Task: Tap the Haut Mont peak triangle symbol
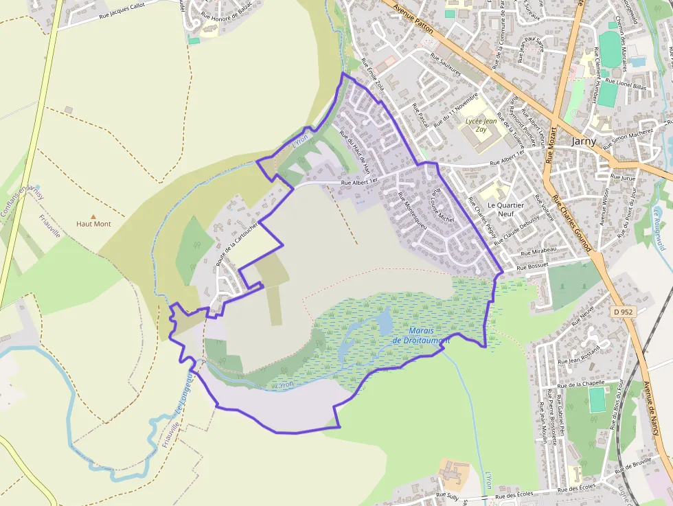click(x=94, y=216)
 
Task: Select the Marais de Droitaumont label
click(x=421, y=335)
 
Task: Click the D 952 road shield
click(x=622, y=312)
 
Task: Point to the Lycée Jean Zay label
click(x=481, y=124)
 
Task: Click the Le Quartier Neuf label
click(x=505, y=209)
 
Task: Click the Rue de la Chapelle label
click(x=580, y=384)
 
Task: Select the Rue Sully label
click(x=447, y=495)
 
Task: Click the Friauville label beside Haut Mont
click(x=50, y=224)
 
